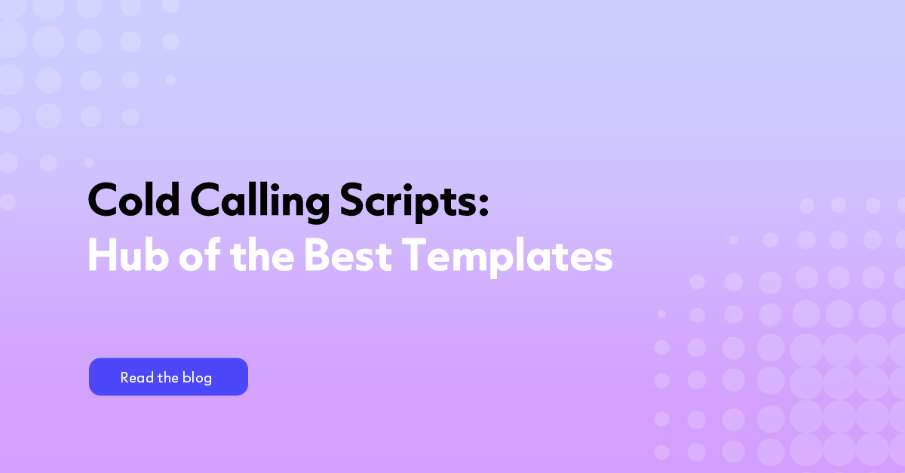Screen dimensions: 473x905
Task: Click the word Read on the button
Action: [x=137, y=378]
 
